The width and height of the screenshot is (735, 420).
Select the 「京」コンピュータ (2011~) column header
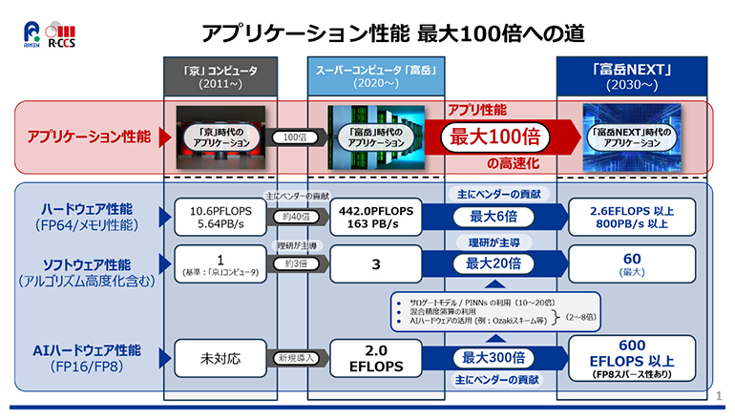coord(220,76)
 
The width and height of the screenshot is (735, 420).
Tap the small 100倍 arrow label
coord(295,137)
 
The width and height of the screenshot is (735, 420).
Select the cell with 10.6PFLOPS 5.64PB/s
coord(220,217)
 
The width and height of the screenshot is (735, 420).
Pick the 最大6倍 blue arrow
coord(494,217)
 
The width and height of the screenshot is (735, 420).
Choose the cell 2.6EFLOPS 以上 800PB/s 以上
coord(632,217)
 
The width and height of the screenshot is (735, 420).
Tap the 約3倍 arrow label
coord(295,263)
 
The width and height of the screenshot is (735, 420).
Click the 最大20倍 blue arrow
coord(494,263)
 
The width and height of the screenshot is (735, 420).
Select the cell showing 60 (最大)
coord(632,263)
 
